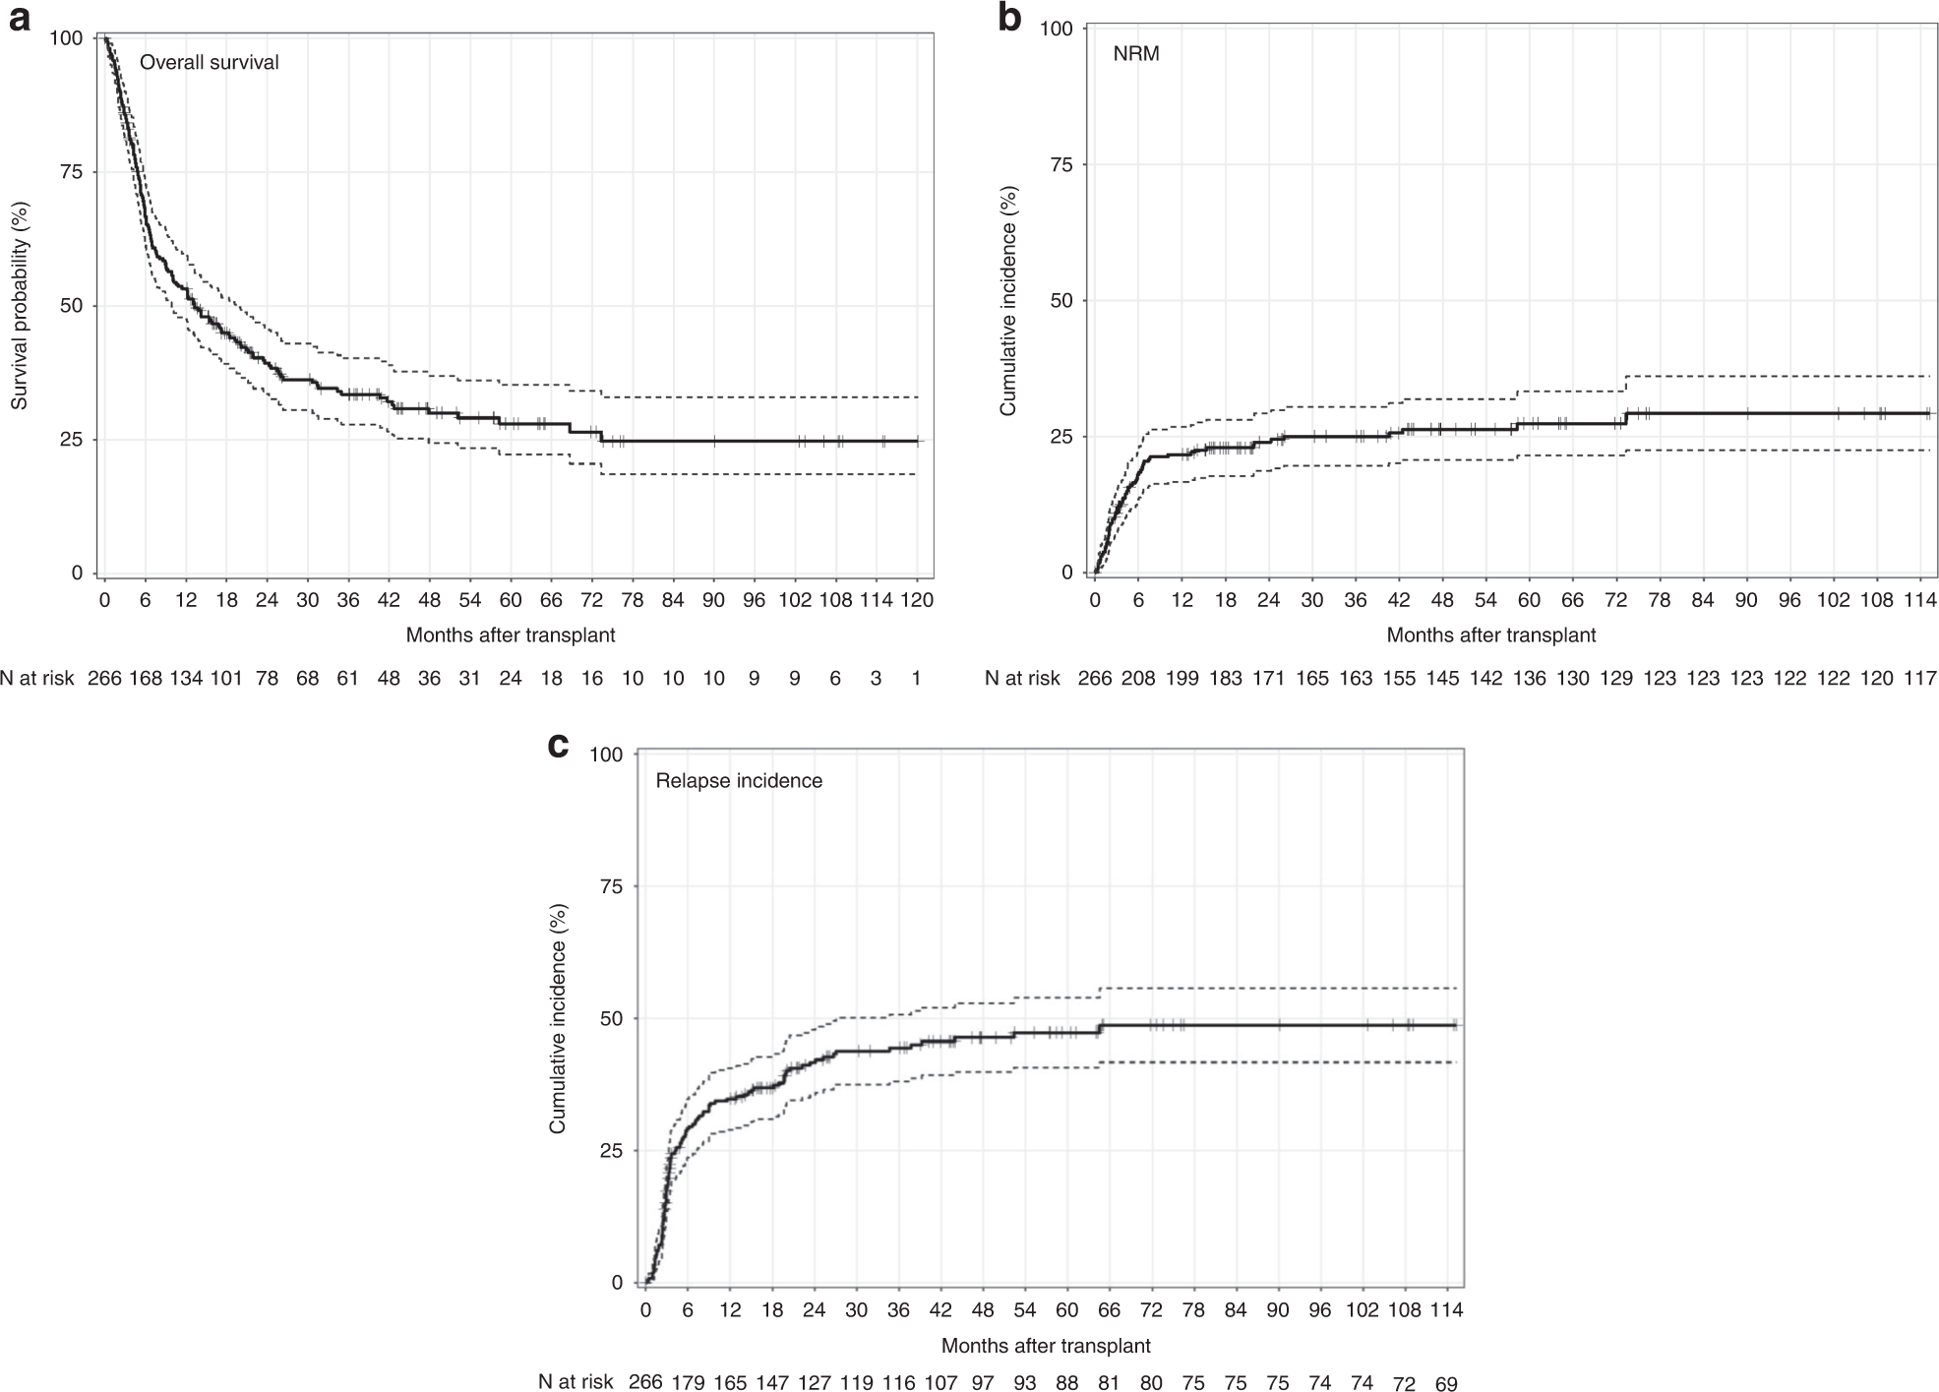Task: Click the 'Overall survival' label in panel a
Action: [209, 63]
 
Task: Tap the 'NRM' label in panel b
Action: [1135, 54]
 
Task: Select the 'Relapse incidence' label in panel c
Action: [739, 781]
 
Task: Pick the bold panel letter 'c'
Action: [558, 744]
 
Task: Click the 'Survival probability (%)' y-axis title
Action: [19, 305]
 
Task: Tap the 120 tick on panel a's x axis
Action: [917, 600]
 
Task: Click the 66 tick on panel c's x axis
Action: [1110, 1310]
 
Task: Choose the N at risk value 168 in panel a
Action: [146, 678]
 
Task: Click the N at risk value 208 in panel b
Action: [1138, 678]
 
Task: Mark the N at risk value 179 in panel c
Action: [688, 1383]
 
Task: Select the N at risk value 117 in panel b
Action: [1919, 678]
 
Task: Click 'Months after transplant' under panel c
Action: [1046, 1346]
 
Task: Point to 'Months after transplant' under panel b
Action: [1490, 635]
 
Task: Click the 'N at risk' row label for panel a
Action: [37, 678]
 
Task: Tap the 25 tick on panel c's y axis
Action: [611, 1151]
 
